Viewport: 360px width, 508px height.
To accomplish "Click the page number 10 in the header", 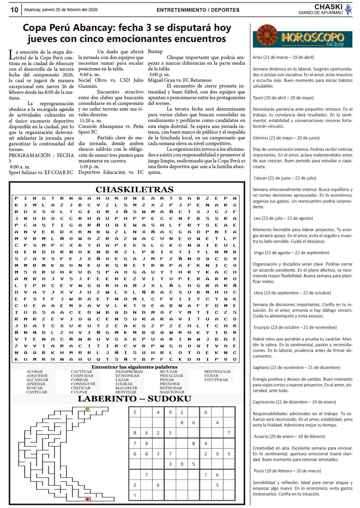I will [14, 10].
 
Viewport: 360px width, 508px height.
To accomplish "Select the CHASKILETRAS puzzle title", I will [134, 190].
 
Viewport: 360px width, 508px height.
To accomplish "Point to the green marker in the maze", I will [87, 409].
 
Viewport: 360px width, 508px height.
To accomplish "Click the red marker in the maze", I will [87, 499].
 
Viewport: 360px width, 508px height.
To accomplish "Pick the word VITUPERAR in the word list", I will [216, 380].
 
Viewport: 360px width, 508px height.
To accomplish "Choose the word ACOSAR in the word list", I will [34, 372].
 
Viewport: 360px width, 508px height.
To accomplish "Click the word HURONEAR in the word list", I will [127, 376].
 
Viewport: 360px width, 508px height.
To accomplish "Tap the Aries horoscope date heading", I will [283, 57].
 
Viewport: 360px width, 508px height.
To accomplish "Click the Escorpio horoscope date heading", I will [295, 327].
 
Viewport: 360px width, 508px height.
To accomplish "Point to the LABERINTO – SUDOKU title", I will [134, 399].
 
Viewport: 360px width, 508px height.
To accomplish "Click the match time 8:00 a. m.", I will [20, 167].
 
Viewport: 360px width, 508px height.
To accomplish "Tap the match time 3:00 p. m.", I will [159, 75].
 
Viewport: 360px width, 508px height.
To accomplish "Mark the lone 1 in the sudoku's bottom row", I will [135, 495].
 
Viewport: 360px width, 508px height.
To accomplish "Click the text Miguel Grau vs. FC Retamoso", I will [180, 80].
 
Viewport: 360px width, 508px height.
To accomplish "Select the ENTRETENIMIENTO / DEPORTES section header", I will [198, 10].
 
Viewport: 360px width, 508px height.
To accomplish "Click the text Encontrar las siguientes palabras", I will [134, 367].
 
